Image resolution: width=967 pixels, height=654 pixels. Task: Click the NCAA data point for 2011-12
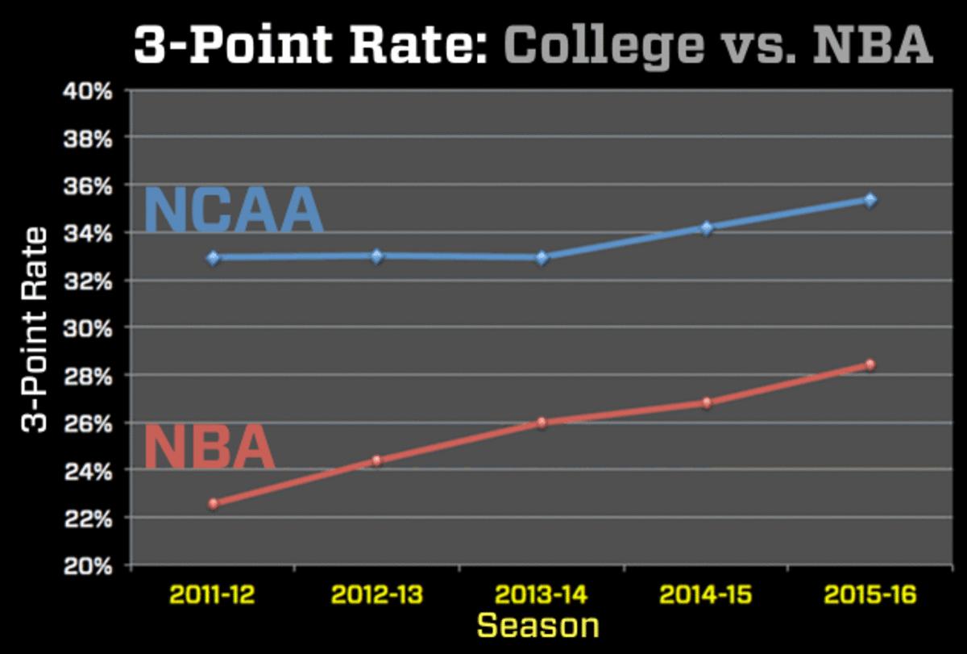pos(213,258)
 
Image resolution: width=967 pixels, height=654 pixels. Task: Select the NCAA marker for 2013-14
pos(542,258)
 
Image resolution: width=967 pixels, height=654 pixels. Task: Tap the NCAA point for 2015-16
pos(869,200)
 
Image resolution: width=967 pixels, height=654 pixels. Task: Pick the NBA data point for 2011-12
pos(213,504)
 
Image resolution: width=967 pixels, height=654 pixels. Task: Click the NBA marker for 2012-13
pos(377,460)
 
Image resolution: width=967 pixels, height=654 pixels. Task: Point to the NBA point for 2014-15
pos(706,402)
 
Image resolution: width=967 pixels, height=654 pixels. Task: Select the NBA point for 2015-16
pos(869,364)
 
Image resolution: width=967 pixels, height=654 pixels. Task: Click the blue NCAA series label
pos(234,211)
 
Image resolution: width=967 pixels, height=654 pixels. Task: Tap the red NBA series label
pos(210,448)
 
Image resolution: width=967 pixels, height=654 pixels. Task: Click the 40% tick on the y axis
pos(89,91)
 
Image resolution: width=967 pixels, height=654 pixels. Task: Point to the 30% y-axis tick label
pos(89,328)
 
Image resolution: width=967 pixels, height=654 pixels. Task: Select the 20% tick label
pos(89,566)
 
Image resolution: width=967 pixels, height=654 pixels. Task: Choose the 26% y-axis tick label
pos(89,423)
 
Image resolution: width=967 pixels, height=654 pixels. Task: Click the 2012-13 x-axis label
pos(377,596)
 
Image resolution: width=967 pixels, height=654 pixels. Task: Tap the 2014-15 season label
pos(706,596)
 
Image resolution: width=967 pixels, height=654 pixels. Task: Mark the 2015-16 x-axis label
pos(869,596)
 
